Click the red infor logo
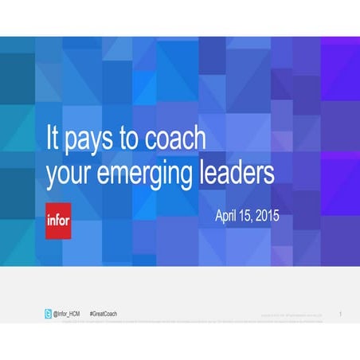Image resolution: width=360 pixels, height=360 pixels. [x=58, y=221]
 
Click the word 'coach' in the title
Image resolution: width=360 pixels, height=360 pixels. [x=174, y=138]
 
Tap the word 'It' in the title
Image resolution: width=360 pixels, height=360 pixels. [x=53, y=137]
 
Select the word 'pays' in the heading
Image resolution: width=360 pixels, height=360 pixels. [x=92, y=140]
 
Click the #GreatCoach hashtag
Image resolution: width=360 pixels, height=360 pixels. [x=103, y=314]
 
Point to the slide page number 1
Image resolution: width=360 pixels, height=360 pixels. [x=340, y=315]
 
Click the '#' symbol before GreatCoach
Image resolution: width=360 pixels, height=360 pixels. [x=90, y=314]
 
